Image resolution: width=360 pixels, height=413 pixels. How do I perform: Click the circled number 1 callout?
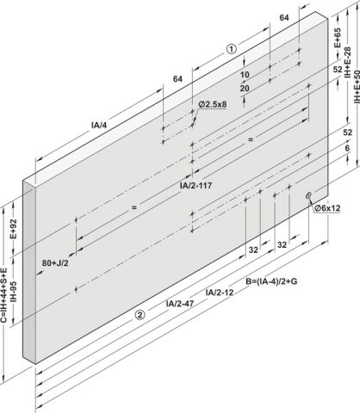point(232,49)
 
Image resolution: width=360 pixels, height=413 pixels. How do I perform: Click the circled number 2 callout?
point(140,315)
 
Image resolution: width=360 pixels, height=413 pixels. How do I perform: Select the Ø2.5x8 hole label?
point(213,104)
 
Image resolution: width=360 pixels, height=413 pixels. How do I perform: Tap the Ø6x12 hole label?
point(327,208)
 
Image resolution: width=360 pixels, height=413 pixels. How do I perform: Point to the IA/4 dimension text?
point(99,125)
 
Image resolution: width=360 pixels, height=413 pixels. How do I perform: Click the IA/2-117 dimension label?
point(196,186)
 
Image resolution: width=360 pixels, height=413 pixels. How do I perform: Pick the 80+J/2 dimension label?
point(55,262)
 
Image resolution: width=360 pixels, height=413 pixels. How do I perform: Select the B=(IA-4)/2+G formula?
point(271,281)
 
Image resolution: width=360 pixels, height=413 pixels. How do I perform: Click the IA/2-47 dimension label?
point(180,304)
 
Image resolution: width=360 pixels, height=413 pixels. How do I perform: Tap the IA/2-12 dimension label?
point(220,293)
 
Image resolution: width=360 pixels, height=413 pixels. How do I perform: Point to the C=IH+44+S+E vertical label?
point(3,295)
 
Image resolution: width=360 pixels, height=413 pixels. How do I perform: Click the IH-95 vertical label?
point(13,292)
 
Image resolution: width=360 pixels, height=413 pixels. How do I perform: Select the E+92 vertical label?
point(13,229)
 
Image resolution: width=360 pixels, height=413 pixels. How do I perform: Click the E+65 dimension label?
point(338,38)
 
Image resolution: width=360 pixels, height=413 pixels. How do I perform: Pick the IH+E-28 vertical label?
point(347,63)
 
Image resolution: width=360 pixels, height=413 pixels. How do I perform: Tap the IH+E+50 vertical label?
point(357,87)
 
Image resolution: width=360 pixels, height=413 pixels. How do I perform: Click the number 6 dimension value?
point(347,148)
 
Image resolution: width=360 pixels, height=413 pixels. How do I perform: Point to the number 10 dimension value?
point(245,75)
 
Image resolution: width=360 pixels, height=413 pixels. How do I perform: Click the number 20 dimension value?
point(245,89)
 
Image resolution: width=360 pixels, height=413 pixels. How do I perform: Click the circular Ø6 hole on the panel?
point(308,195)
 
